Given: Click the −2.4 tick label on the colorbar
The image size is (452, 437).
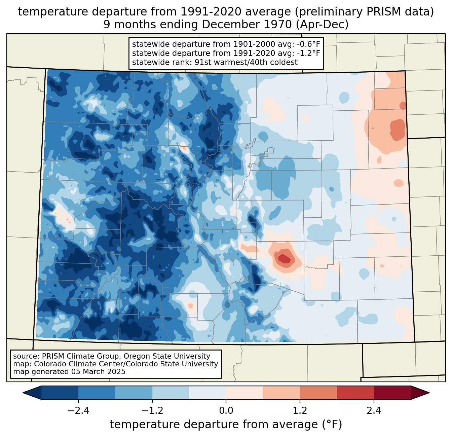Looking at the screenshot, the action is [x=78, y=410].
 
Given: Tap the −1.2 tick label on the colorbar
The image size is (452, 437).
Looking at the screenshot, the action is [x=152, y=410].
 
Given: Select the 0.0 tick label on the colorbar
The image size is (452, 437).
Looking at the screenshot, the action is [x=226, y=410].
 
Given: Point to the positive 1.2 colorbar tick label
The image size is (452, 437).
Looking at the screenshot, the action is [x=300, y=410].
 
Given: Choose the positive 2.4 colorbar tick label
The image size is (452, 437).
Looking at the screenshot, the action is [x=374, y=410].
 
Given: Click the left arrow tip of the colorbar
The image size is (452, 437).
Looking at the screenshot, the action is [x=23, y=393].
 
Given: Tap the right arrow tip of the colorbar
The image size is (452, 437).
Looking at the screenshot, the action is [x=429, y=393].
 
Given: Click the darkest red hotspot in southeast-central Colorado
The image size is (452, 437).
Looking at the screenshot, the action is [x=284, y=258].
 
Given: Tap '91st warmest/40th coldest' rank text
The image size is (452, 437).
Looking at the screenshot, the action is [x=246, y=62].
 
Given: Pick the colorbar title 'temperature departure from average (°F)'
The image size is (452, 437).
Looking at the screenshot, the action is [x=226, y=425].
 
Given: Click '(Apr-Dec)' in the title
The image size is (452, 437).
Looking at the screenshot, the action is [x=322, y=25].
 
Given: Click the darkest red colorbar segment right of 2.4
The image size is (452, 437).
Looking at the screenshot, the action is [x=392, y=393].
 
